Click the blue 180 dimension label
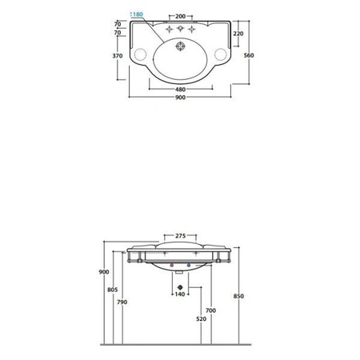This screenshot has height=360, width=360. tap(138, 14)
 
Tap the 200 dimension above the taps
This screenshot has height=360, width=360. tap(180, 16)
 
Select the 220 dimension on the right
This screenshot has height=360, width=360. tap(238, 34)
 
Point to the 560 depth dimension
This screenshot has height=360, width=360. tap(249, 55)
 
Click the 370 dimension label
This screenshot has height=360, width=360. tap(118, 56)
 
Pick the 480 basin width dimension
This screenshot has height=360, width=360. tap(181, 90)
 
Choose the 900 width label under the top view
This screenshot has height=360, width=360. tap(181, 98)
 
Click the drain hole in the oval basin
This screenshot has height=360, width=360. tap(180, 46)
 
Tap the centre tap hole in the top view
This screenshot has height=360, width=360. tap(180, 28)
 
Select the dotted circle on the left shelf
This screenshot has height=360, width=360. tap(140, 54)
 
